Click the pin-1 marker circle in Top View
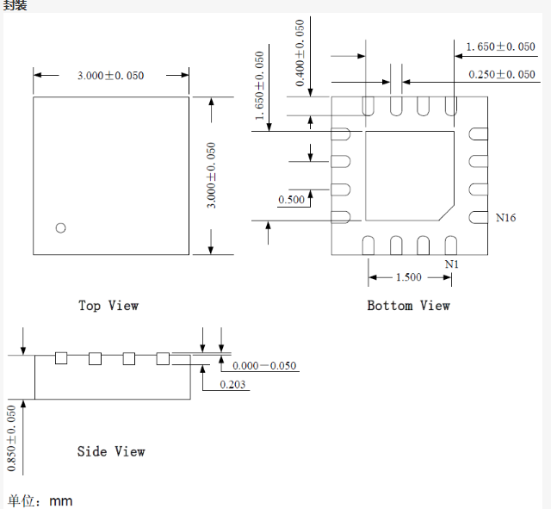coord(60,227)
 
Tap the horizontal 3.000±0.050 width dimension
coord(110,76)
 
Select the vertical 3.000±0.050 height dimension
coord(212,175)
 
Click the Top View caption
coord(108,306)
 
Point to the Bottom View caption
coord(408,306)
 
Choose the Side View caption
coord(111,451)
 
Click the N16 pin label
coord(505,219)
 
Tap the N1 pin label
coord(451,264)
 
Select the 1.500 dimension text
coord(408,277)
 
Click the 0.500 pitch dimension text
coord(291,200)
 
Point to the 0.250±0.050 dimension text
coord(502,75)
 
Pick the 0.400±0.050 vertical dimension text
coord(300,53)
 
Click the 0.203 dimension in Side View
coord(232,384)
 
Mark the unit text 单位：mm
coord(40,500)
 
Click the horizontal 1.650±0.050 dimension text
coord(500,47)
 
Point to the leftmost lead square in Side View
coord(61,358)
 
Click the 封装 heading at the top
coord(15,5)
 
